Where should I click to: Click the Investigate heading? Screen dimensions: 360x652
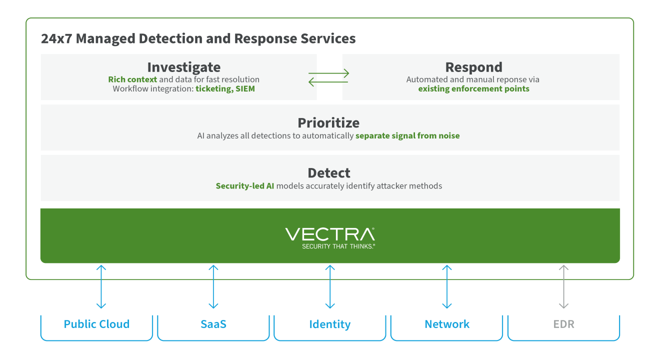(x=183, y=67)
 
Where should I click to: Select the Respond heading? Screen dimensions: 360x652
(x=473, y=67)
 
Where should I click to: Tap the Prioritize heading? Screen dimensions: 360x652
(x=328, y=123)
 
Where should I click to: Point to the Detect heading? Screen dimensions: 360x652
(x=329, y=173)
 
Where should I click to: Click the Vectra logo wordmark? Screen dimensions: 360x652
(x=330, y=234)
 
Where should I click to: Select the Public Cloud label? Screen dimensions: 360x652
(x=96, y=324)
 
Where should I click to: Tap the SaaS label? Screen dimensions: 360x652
(x=213, y=324)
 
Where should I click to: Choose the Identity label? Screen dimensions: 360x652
(x=330, y=324)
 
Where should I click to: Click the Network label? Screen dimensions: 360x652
(x=447, y=324)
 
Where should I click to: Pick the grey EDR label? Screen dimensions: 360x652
(x=563, y=324)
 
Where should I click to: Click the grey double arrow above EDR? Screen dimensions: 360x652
(x=563, y=287)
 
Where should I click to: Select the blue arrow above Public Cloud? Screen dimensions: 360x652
(x=101, y=287)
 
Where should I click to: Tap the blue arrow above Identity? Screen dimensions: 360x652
(x=330, y=287)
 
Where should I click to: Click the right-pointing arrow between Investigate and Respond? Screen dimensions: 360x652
(x=328, y=73)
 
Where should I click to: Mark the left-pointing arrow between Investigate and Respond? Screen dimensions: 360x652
(x=328, y=81)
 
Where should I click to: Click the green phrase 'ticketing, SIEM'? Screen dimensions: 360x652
(x=225, y=89)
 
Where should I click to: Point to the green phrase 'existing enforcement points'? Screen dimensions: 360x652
(x=473, y=89)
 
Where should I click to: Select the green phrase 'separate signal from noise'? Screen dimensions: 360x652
(x=407, y=135)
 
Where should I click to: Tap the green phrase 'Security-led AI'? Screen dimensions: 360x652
(x=244, y=186)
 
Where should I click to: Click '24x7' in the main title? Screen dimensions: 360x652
(x=56, y=39)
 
